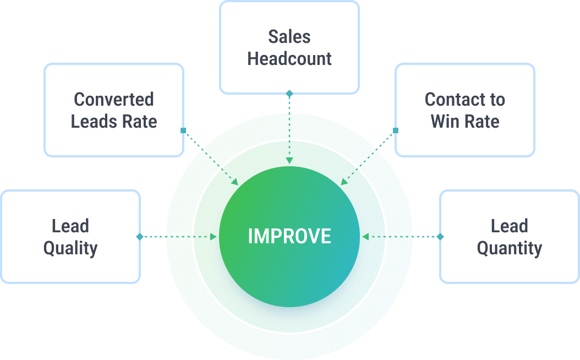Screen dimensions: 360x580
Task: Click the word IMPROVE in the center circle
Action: (x=289, y=236)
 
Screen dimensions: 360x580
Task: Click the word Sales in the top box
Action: (x=289, y=37)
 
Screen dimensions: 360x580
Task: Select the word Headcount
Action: (x=289, y=58)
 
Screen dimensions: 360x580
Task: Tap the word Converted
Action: (x=114, y=100)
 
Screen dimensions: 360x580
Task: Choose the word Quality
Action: (x=70, y=248)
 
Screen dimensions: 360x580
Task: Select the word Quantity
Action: (x=509, y=248)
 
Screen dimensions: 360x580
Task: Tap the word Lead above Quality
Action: (x=70, y=226)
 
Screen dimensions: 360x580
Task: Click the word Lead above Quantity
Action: (x=509, y=226)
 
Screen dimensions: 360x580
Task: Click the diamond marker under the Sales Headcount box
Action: (x=289, y=94)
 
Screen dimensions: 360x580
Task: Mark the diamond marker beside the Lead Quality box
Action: (x=140, y=237)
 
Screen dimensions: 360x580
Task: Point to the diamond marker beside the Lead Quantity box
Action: (x=440, y=237)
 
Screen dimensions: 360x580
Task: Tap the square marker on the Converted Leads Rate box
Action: (x=183, y=130)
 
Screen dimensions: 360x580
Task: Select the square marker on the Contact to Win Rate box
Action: (x=395, y=130)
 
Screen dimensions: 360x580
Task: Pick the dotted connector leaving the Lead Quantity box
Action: (x=407, y=237)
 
